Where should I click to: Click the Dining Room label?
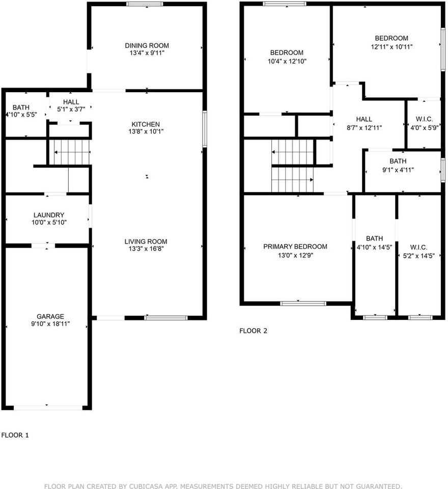[x=147, y=45]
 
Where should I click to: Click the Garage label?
[x=50, y=316]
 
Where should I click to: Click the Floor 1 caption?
[x=15, y=435]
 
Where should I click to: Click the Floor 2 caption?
[x=253, y=331]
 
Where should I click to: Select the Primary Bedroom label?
[x=295, y=247]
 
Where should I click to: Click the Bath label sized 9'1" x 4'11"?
[x=398, y=161]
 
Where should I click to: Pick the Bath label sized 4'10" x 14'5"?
[x=374, y=238]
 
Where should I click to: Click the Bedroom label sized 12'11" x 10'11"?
[x=391, y=38]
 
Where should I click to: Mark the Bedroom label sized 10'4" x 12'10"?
[x=287, y=53]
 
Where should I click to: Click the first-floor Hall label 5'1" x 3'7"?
[x=71, y=102]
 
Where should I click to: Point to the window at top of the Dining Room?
[x=145, y=4]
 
